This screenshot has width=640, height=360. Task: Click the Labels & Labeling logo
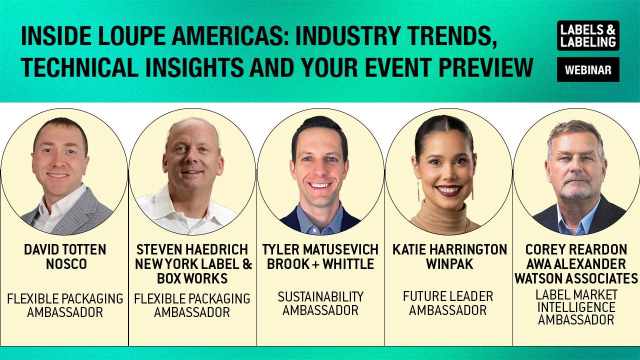coord(588,35)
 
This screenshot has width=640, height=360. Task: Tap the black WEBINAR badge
coord(588,69)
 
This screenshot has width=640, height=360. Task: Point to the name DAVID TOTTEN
coord(65,249)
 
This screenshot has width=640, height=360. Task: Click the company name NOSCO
coord(66,263)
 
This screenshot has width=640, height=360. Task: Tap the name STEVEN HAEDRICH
coord(192,249)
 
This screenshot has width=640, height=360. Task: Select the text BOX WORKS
coord(192,278)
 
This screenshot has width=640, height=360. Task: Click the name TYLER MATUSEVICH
coord(320,249)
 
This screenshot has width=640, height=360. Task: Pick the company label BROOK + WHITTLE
coord(320,263)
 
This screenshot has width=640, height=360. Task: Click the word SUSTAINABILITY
coord(320,297)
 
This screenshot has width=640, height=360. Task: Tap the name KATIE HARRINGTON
coord(449,249)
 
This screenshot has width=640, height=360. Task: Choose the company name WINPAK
coord(449,263)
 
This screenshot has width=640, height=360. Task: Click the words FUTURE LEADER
coord(448,296)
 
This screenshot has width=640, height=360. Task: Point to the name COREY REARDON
coord(576,249)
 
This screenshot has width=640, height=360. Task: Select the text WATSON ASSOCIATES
coord(576,278)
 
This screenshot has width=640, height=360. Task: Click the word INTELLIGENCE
coord(576,307)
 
